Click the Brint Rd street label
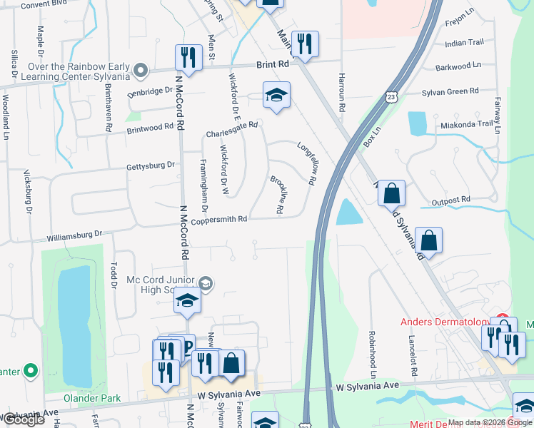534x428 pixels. pos(273,64)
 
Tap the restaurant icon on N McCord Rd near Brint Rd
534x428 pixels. pos(188,56)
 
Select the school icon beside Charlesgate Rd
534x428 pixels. pos(276,94)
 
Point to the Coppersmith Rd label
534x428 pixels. pos(219,220)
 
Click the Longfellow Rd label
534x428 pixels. pos(308,163)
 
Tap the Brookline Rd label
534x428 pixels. pos(278,193)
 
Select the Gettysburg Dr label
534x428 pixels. pos(151,165)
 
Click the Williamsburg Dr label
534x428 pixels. pos(75,233)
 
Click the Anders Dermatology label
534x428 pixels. pos(443,322)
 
